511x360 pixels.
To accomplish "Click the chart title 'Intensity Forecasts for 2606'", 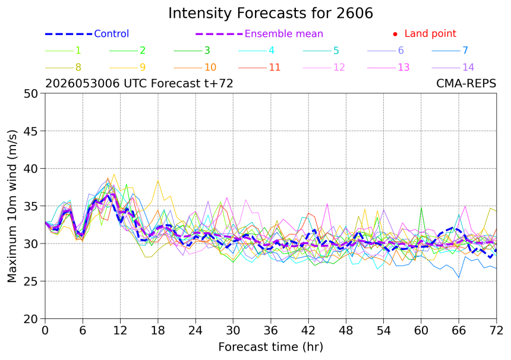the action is point(270,13).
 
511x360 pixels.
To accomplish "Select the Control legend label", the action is point(112,33).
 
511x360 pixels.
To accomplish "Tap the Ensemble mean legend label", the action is point(284,33).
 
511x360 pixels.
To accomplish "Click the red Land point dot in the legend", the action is point(395,34).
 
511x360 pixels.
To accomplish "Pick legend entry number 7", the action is point(465,50).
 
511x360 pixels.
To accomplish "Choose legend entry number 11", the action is point(275,68).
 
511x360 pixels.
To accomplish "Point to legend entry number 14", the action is point(468,68).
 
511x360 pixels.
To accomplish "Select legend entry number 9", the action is point(143,68).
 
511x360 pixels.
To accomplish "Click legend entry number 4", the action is point(272,50).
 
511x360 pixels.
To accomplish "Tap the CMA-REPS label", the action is point(466,84).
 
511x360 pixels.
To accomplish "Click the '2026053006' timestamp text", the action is point(83,84).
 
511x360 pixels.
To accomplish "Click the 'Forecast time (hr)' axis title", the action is point(270,347).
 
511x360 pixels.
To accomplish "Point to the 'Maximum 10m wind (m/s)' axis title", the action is point(12,206).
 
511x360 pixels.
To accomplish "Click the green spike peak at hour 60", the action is point(421,207).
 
